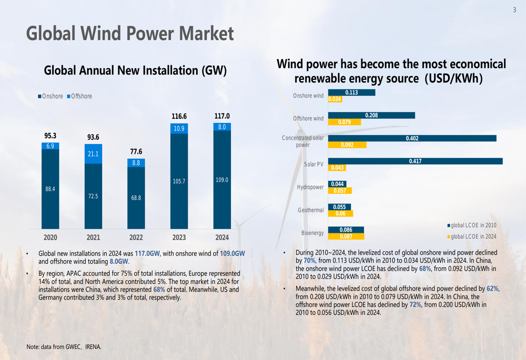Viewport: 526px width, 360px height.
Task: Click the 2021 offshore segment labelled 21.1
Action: (93, 154)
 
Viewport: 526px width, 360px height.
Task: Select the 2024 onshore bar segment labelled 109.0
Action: (222, 180)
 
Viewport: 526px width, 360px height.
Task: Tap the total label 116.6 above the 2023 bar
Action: (179, 116)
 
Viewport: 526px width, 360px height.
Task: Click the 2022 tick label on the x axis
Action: (136, 238)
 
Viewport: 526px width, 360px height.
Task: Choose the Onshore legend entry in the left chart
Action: (50, 96)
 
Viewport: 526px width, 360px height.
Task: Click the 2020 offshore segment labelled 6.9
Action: (50, 146)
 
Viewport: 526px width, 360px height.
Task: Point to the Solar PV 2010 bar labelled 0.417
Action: (415, 161)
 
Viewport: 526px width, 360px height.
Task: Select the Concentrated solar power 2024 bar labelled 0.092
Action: (347, 145)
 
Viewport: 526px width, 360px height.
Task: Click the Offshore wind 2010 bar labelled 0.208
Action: (371, 115)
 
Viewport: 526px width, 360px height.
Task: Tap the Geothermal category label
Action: (310, 210)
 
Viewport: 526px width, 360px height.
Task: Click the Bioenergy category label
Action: (312, 233)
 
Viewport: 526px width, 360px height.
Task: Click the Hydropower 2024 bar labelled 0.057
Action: (340, 191)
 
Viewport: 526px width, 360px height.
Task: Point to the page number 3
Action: (514, 9)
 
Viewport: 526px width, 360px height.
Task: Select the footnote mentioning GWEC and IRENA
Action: (64, 347)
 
